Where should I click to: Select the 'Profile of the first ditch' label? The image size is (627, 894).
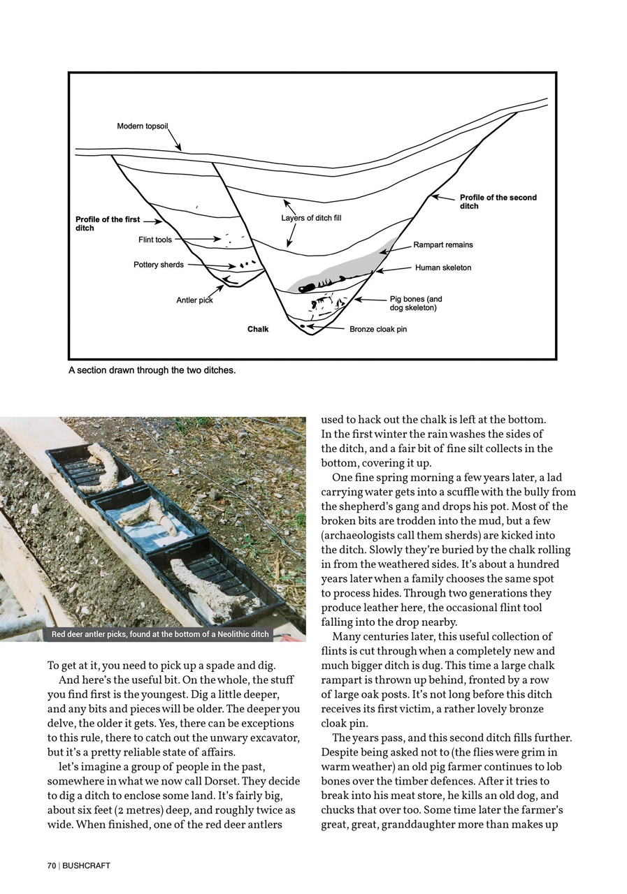108,223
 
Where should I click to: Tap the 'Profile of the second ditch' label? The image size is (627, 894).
498,202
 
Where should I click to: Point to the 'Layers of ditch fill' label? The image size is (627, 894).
311,218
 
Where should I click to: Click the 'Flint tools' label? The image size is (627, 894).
154,240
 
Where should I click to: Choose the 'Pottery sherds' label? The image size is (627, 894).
159,265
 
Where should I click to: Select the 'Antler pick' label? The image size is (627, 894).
194,300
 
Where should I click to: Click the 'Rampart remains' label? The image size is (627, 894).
442,245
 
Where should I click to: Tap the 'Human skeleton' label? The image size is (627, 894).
443,268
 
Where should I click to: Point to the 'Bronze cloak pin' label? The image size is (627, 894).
378,329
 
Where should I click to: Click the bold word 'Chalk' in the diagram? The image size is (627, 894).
258,329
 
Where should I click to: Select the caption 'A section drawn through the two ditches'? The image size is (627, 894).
152,370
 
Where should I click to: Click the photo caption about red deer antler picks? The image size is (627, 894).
160,634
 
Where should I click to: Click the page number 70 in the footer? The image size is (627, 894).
51,865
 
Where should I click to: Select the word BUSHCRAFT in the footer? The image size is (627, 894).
86,865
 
